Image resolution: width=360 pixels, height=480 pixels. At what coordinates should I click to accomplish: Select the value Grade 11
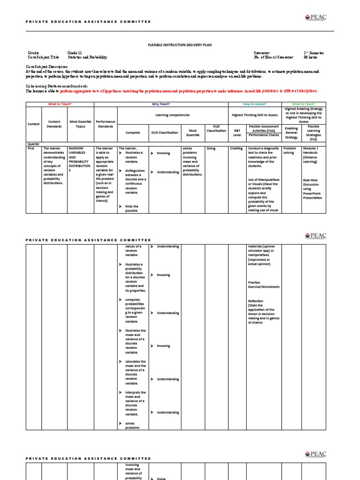(74, 53)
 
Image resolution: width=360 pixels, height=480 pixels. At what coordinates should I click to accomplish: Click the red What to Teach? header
(60, 104)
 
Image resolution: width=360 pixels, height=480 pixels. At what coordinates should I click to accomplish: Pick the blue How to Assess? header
(255, 104)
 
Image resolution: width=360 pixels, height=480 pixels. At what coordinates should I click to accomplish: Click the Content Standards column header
(54, 124)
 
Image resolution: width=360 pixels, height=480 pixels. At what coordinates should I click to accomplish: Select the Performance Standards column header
(105, 124)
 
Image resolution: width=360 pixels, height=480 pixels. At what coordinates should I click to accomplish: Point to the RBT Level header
(237, 132)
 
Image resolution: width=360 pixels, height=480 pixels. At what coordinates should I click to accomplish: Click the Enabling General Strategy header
(291, 132)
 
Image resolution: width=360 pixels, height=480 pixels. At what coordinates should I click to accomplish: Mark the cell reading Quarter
(34, 144)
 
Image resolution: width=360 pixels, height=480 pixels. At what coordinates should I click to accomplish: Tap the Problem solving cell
(290, 150)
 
